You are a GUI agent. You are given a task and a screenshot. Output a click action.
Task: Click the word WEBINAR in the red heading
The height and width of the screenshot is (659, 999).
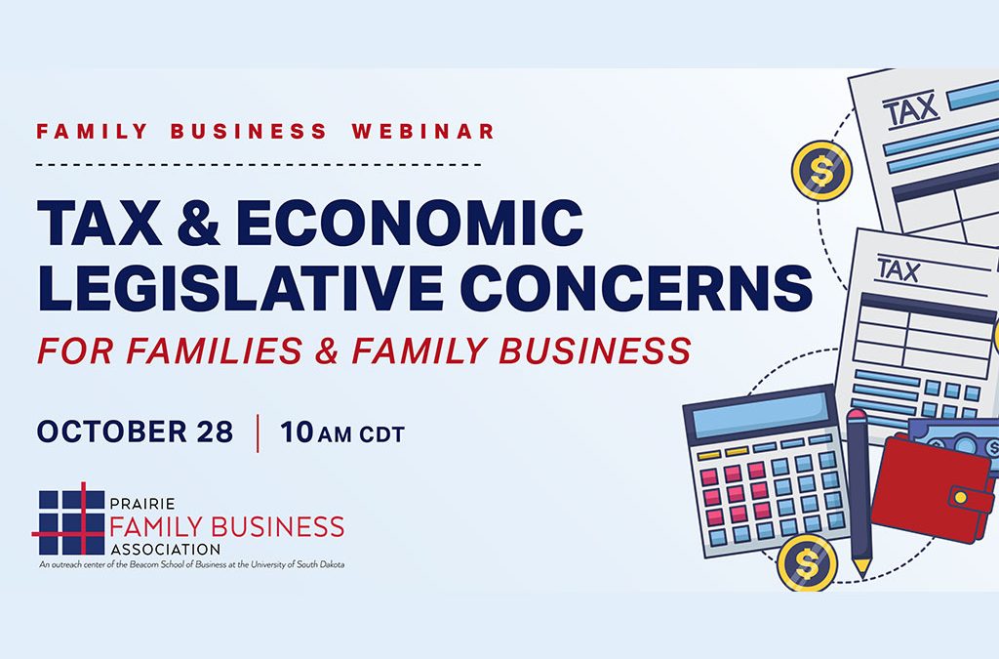[423, 131]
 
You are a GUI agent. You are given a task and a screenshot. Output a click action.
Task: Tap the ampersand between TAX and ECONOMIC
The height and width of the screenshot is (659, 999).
[198, 223]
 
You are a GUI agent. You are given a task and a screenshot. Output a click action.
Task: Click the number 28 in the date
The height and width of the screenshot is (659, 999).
[215, 432]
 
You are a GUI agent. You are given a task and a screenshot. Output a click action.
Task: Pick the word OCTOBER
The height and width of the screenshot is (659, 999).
[111, 432]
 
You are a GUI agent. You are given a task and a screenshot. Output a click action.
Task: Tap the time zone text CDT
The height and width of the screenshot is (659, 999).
[382, 434]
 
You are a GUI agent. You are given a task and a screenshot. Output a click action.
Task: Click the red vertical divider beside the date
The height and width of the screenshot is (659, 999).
[258, 433]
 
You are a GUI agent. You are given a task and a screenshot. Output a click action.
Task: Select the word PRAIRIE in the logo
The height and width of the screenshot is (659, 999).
[142, 504]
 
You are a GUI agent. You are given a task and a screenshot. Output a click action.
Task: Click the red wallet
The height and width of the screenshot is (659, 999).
[932, 487]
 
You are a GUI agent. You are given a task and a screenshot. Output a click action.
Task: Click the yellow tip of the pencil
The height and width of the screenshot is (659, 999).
[861, 568]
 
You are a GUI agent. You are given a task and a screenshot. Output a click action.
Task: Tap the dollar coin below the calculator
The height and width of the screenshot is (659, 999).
[807, 563]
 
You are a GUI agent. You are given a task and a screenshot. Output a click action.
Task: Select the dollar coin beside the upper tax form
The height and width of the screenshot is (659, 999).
[821, 171]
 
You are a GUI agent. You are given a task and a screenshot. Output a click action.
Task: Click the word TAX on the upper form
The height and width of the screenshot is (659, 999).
[911, 109]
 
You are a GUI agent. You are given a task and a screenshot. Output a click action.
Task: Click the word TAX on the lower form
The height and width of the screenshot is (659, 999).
[899, 269]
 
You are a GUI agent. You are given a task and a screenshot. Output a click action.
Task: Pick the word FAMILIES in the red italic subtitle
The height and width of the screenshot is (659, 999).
[214, 350]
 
